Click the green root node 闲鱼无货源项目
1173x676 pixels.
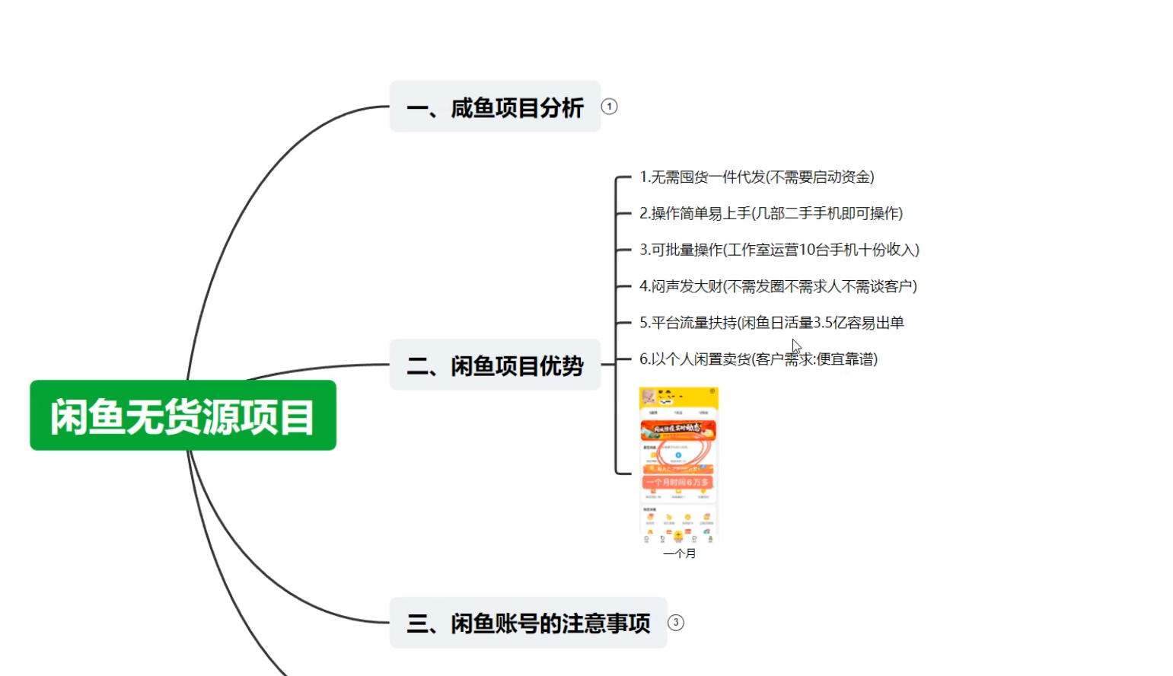point(183,416)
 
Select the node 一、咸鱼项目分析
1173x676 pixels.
point(495,107)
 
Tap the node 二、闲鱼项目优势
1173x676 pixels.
point(495,365)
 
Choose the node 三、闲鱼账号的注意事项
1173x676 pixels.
point(528,623)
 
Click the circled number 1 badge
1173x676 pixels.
point(609,107)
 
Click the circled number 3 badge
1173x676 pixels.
point(675,623)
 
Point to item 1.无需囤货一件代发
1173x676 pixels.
point(756,177)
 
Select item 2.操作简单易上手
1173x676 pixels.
point(770,214)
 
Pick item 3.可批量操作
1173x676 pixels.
point(779,250)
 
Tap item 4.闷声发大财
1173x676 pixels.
point(777,286)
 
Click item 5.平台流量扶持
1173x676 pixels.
point(771,323)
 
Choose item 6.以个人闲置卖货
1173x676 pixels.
point(758,359)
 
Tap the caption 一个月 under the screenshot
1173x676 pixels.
point(679,553)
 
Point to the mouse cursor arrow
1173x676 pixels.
point(795,345)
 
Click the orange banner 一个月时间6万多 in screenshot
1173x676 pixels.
point(677,482)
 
